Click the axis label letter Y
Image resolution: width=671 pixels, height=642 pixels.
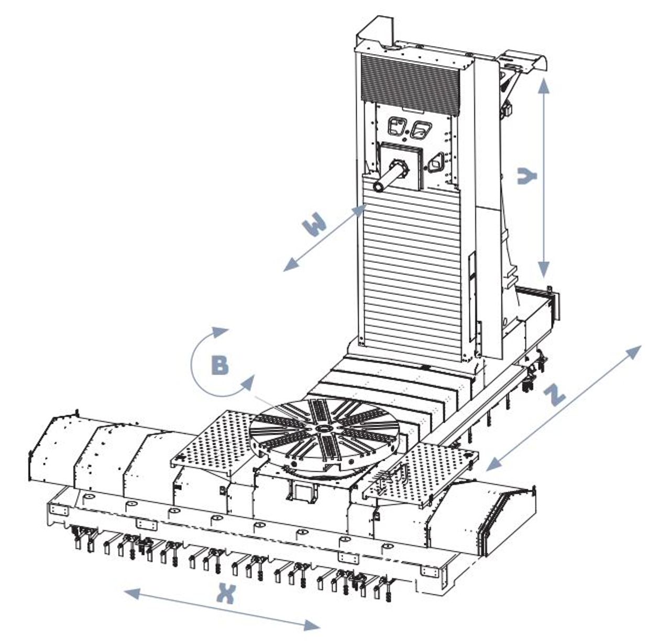click(x=527, y=176)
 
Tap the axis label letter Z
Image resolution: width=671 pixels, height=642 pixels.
click(x=554, y=395)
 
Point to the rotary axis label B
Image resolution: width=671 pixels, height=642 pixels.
click(x=219, y=365)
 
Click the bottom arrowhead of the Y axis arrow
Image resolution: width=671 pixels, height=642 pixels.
click(x=544, y=270)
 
